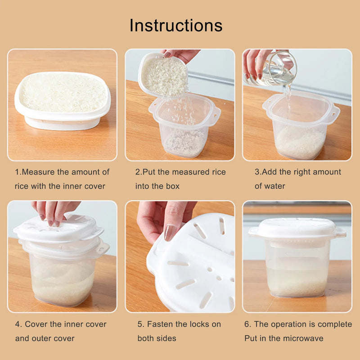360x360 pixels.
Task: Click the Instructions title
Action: coord(176,25)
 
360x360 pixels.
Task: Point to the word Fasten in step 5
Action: coord(161,324)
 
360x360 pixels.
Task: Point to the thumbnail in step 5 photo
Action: coord(170,233)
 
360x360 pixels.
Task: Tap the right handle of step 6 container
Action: coord(341,232)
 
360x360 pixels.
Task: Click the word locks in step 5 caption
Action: coord(199,324)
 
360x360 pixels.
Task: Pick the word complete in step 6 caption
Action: coord(335,324)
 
